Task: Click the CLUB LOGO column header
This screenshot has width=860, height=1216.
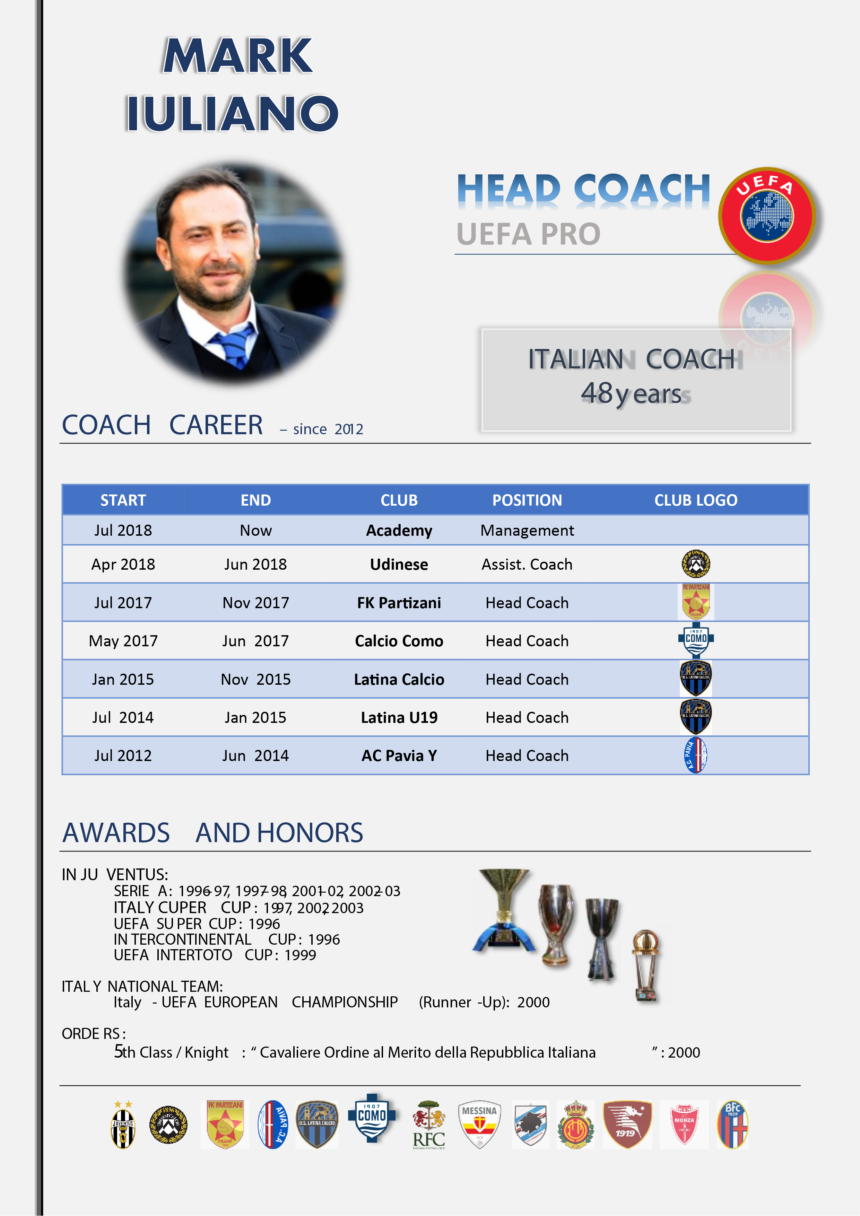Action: tap(696, 500)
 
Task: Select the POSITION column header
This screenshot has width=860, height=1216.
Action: tap(527, 500)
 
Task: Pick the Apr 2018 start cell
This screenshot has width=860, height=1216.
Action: tap(123, 564)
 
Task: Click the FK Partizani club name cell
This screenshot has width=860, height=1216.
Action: tap(399, 603)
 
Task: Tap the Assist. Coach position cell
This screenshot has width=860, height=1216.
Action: tap(527, 564)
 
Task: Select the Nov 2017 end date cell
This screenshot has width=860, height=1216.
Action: tap(256, 603)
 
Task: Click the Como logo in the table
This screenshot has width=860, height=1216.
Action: tap(696, 640)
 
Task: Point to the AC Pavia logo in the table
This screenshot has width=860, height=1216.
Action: tap(696, 755)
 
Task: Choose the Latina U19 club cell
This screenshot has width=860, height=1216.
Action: tap(399, 718)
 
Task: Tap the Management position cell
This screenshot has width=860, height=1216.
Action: tap(527, 530)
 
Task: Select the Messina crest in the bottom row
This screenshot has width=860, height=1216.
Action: tap(479, 1125)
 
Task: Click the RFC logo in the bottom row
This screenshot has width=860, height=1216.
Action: tap(429, 1125)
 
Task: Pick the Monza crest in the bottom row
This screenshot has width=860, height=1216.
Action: tap(684, 1125)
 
